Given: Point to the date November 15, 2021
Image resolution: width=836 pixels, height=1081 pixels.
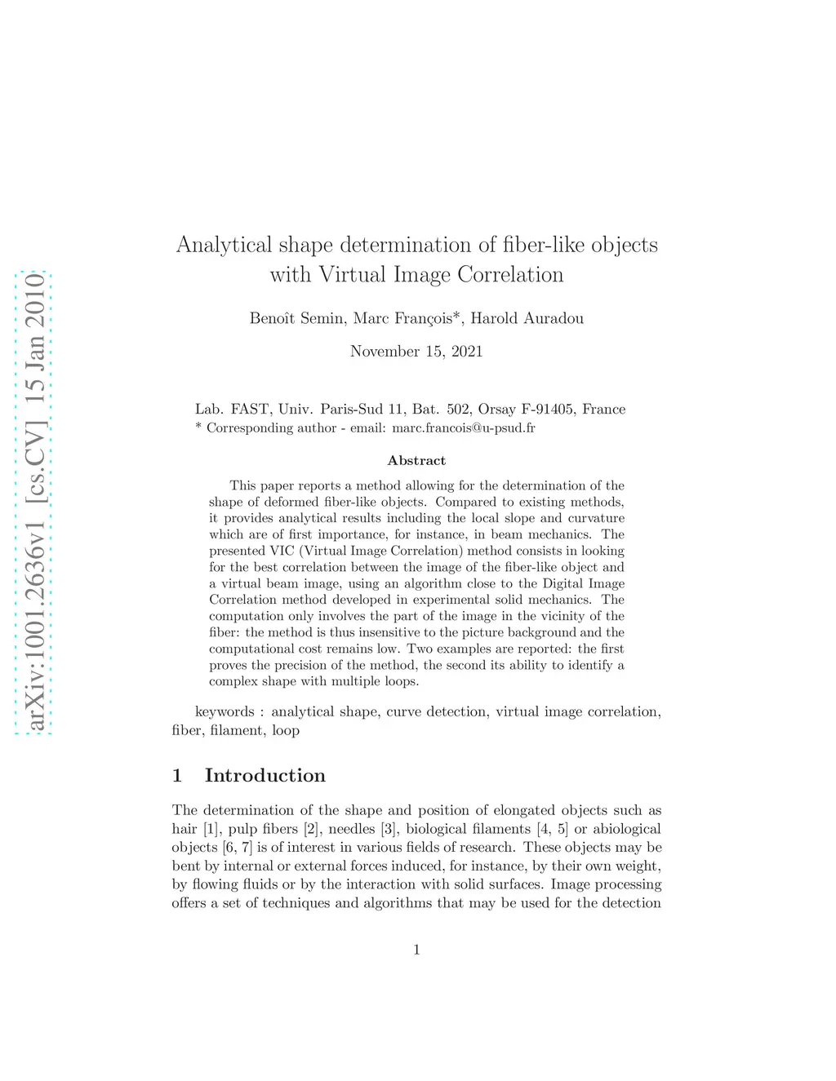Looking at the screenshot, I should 416,352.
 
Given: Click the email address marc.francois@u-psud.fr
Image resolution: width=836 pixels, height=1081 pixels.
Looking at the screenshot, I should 464,428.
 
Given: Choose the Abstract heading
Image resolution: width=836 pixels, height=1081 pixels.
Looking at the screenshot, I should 416,461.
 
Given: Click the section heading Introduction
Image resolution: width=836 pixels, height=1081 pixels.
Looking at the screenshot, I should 265,775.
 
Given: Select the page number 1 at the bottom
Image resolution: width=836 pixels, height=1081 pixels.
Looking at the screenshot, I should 416,949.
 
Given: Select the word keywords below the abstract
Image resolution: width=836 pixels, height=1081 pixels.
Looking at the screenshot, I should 225,712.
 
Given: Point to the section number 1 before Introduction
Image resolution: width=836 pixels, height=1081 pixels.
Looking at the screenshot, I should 177,775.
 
